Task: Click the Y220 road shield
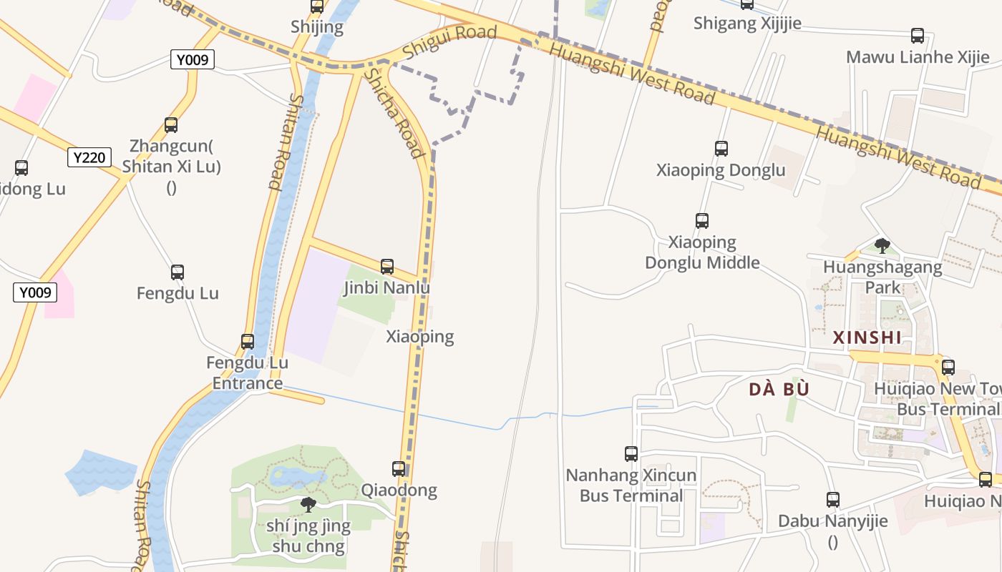[x=89, y=157]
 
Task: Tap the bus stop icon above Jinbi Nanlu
[x=387, y=267]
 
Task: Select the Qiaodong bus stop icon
[x=399, y=469]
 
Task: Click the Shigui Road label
[x=449, y=41]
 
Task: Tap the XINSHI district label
[x=867, y=337]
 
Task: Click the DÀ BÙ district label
[x=779, y=390]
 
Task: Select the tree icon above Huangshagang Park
[x=882, y=246]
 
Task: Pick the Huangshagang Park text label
[x=882, y=277]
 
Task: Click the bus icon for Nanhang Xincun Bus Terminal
[x=631, y=453]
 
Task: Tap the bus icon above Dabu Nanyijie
[x=832, y=500]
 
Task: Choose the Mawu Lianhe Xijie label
[x=918, y=57]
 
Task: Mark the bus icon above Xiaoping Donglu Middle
[x=702, y=221]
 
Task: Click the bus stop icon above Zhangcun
[x=171, y=125]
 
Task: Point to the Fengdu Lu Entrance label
[x=248, y=373]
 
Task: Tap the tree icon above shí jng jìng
[x=308, y=505]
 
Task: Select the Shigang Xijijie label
[x=747, y=24]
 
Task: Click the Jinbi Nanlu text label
[x=386, y=288]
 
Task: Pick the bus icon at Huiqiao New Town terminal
[x=948, y=368]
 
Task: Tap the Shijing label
[x=317, y=28]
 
